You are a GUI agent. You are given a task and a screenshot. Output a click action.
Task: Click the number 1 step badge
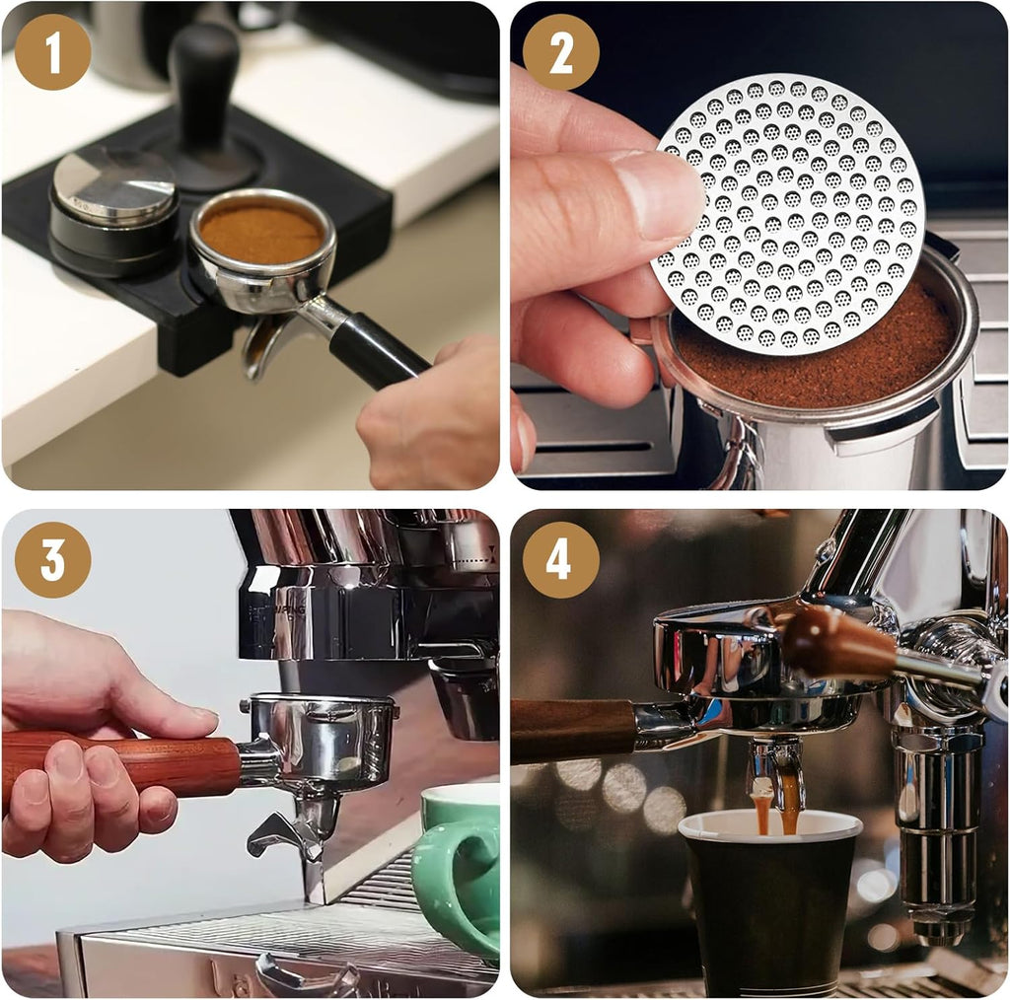52,52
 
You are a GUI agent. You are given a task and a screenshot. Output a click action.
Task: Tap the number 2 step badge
560,52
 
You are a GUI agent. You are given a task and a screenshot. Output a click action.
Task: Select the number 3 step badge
52,559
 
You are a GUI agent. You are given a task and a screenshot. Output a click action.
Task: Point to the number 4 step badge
560,559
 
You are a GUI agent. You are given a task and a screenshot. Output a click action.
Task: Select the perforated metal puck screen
789,212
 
